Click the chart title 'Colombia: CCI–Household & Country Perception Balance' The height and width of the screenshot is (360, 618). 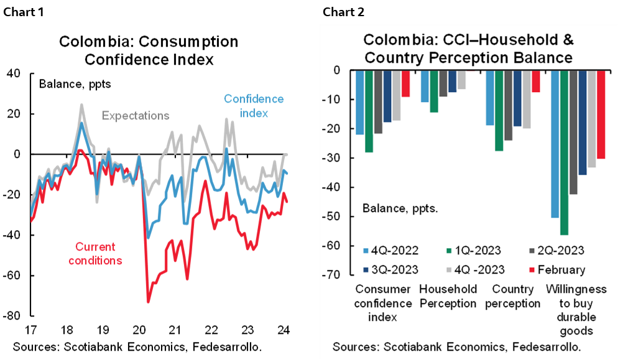[468, 50]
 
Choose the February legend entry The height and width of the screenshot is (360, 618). [556, 269]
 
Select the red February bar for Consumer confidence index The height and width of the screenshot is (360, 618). [405, 83]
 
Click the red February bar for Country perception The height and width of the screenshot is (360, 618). [536, 81]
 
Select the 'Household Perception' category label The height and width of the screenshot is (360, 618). [448, 296]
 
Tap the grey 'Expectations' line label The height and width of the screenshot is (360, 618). [136, 116]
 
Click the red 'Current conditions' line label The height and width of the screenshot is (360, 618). [96, 254]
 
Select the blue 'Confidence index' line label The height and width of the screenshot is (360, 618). [253, 106]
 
